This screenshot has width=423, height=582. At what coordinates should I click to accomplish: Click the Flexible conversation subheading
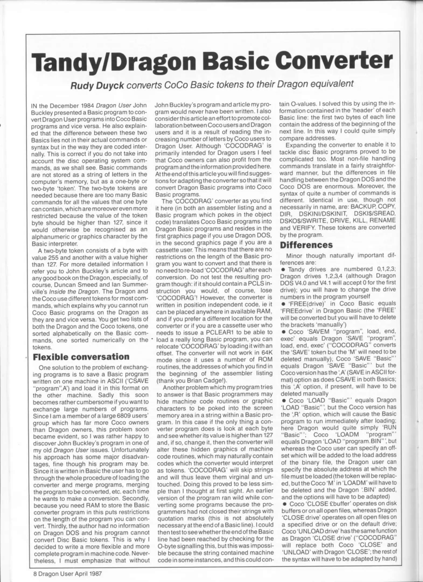81,357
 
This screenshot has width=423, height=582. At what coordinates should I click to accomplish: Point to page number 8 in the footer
35,566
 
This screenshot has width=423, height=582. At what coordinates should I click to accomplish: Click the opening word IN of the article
34,105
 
